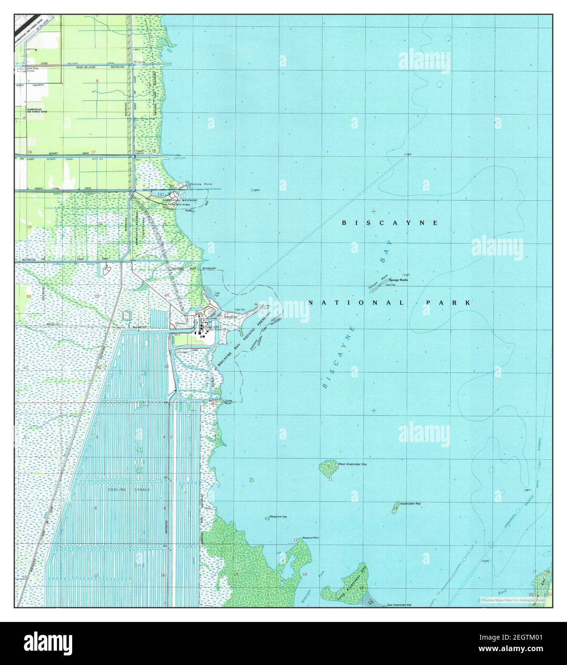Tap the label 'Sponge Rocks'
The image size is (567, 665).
398,279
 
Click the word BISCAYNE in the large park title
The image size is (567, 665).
390,223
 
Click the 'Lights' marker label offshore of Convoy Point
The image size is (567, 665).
256,190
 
